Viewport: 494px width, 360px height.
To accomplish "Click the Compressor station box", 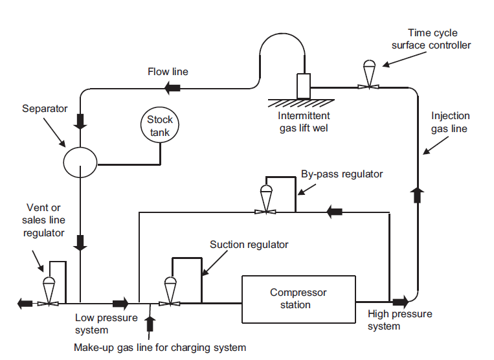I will tap(298, 299).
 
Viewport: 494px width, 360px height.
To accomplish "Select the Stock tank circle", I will tap(160, 125).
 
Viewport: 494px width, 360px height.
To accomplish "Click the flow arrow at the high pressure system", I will tap(399, 302).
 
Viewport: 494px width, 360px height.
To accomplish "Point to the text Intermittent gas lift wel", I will tap(304, 122).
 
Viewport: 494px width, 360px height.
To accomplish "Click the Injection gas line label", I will tap(451, 122).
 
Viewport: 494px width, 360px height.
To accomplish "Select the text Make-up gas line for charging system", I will tap(160, 348).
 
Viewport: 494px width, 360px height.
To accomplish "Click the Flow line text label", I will tap(168, 71).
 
